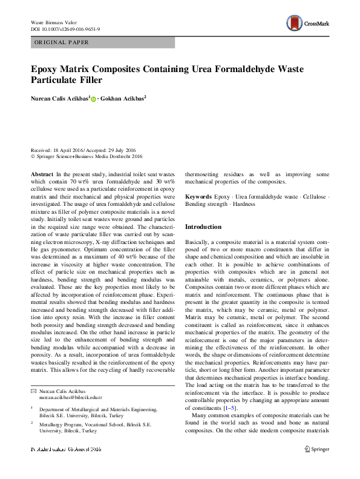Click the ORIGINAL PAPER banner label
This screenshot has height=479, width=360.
[61, 42]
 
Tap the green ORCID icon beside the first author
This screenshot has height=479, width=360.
[94, 98]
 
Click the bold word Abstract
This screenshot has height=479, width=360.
[42, 173]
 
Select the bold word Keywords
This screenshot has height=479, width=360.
[198, 197]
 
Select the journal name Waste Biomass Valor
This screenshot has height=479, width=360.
[55, 22]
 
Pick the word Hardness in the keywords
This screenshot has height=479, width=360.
[245, 205]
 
